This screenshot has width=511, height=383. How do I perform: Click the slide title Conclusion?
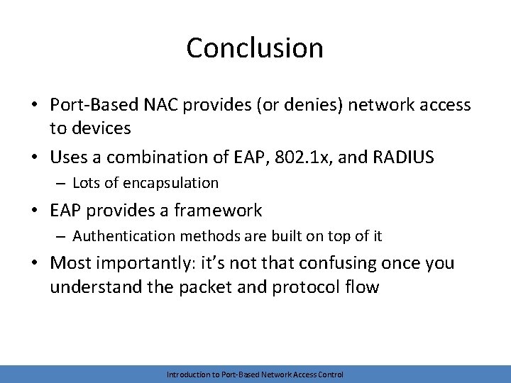click(x=255, y=48)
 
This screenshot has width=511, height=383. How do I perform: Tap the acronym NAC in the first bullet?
click(x=162, y=105)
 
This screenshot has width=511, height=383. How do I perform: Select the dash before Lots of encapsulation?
click(x=61, y=183)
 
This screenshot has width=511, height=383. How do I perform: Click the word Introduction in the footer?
click(x=186, y=374)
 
